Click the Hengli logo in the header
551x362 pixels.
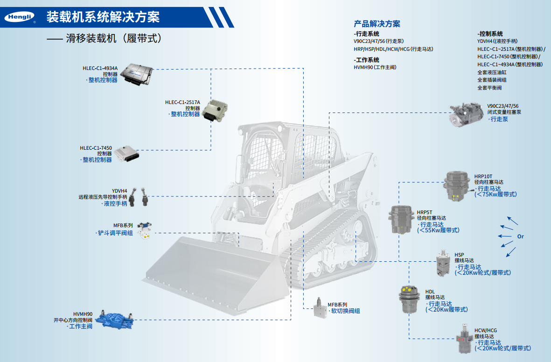pyautogui.click(x=18, y=18)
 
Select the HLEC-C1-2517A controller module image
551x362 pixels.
pyautogui.click(x=214, y=110)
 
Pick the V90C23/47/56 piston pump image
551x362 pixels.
pyautogui.click(x=467, y=114)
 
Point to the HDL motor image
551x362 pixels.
pyautogui.click(x=409, y=299)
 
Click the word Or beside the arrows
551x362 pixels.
pyautogui.click(x=520, y=237)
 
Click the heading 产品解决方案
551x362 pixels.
pyautogui.click(x=377, y=24)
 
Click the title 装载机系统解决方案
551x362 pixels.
pyautogui.click(x=103, y=17)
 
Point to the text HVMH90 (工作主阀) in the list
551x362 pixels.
pyautogui.click(x=375, y=67)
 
